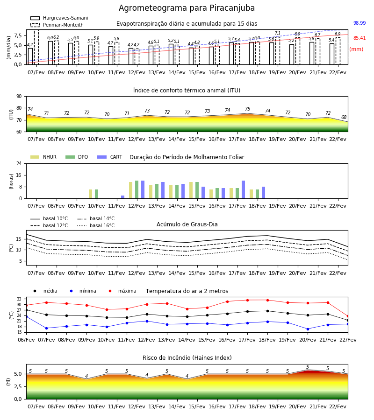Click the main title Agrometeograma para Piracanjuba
(x=187, y=8)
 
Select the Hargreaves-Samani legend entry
(x=59, y=18)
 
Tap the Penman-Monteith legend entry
(x=57, y=25)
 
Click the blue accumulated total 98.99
(x=360, y=23)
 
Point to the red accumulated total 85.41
(x=360, y=38)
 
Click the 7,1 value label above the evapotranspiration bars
(x=278, y=33)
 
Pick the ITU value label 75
(x=247, y=109)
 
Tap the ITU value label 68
(x=344, y=117)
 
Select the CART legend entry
(x=110, y=157)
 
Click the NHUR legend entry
(x=43, y=157)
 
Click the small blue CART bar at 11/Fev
(x=122, y=197)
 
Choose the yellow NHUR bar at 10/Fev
(x=90, y=194)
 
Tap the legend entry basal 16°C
(x=96, y=225)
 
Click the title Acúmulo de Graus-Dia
(x=187, y=224)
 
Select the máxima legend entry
(x=121, y=291)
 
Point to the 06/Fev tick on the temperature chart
(x=26, y=340)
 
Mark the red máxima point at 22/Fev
(x=348, y=316)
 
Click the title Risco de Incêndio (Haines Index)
(x=187, y=358)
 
